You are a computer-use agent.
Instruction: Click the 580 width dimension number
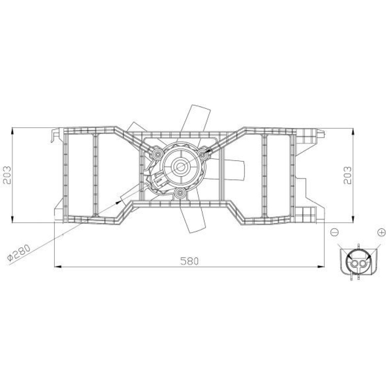pyautogui.click(x=189, y=261)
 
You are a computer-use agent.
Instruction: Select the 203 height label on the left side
pyautogui.click(x=7, y=175)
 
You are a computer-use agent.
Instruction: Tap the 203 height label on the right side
pyautogui.click(x=348, y=175)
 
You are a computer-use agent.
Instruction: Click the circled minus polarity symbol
pyautogui.click(x=335, y=232)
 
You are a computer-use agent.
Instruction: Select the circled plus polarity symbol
pyautogui.click(x=381, y=232)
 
